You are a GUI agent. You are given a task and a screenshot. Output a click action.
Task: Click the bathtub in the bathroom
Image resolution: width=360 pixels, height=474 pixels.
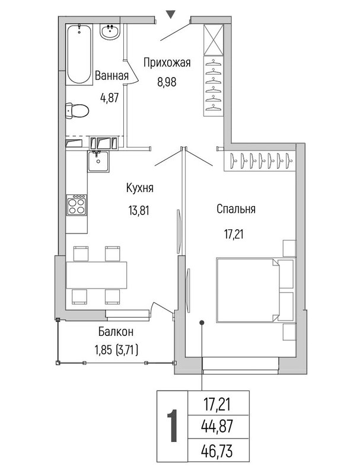coord(79,55)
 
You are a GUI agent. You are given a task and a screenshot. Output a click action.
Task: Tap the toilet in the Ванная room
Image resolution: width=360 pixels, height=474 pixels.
coord(77,111)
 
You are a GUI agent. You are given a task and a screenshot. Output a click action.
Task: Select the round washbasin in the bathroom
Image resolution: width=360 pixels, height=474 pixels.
coord(110,31)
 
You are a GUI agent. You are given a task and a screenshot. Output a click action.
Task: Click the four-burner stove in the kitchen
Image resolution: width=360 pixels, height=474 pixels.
coord(77,205)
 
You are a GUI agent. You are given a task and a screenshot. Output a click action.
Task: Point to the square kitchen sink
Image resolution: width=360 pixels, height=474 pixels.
coord(98,161)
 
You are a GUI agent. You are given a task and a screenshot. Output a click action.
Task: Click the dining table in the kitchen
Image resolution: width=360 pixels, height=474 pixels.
coord(97,275)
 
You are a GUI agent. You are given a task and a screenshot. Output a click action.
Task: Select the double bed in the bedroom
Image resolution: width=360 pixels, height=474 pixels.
coord(255,290)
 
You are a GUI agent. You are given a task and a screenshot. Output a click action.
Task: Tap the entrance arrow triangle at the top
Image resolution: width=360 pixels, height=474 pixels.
coord(171,14)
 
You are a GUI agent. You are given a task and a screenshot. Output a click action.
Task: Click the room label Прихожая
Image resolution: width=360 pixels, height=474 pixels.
coord(167,63)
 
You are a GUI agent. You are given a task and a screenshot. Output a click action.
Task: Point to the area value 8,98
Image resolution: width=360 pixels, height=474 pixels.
coord(167,82)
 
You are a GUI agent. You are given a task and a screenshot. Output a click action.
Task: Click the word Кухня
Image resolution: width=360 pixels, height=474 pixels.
coord(140,188)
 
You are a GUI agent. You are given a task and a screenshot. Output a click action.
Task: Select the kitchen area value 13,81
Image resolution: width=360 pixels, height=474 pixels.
coord(139,210)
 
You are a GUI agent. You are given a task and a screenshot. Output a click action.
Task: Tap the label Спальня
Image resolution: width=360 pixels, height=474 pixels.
coord(236,209)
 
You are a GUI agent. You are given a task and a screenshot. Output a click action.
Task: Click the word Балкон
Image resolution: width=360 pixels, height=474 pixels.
coord(116,332)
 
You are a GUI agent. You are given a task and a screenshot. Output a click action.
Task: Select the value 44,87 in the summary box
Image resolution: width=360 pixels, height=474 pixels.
coord(217,427)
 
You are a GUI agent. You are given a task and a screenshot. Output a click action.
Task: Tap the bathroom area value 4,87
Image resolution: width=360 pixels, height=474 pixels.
coord(109,98)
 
